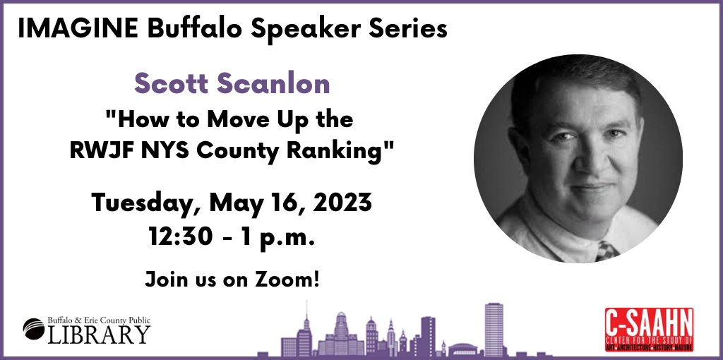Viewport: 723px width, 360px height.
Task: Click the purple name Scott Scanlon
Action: pos(232,84)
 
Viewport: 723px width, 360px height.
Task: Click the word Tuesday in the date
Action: pos(141,205)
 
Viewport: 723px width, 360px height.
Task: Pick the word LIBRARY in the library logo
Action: pos(98,334)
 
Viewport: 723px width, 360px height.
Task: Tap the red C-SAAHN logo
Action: pos(648,329)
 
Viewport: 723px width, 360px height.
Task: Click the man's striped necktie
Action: pos(606,250)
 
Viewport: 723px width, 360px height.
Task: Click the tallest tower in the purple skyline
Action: pos(493,328)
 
